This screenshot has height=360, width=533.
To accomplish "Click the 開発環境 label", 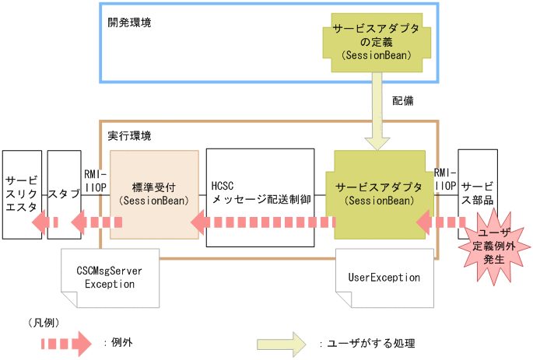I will tap(129, 23).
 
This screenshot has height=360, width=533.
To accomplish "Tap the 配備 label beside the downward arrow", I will tap(402, 101).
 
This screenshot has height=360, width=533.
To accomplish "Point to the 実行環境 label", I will tap(129, 135).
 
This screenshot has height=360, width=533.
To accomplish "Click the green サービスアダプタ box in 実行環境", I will tap(380, 194).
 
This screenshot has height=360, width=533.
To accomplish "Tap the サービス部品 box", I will tap(476, 187).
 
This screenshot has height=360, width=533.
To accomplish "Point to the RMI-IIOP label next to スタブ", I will tap(96, 180).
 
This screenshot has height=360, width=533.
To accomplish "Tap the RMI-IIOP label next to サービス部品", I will tap(446, 180).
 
